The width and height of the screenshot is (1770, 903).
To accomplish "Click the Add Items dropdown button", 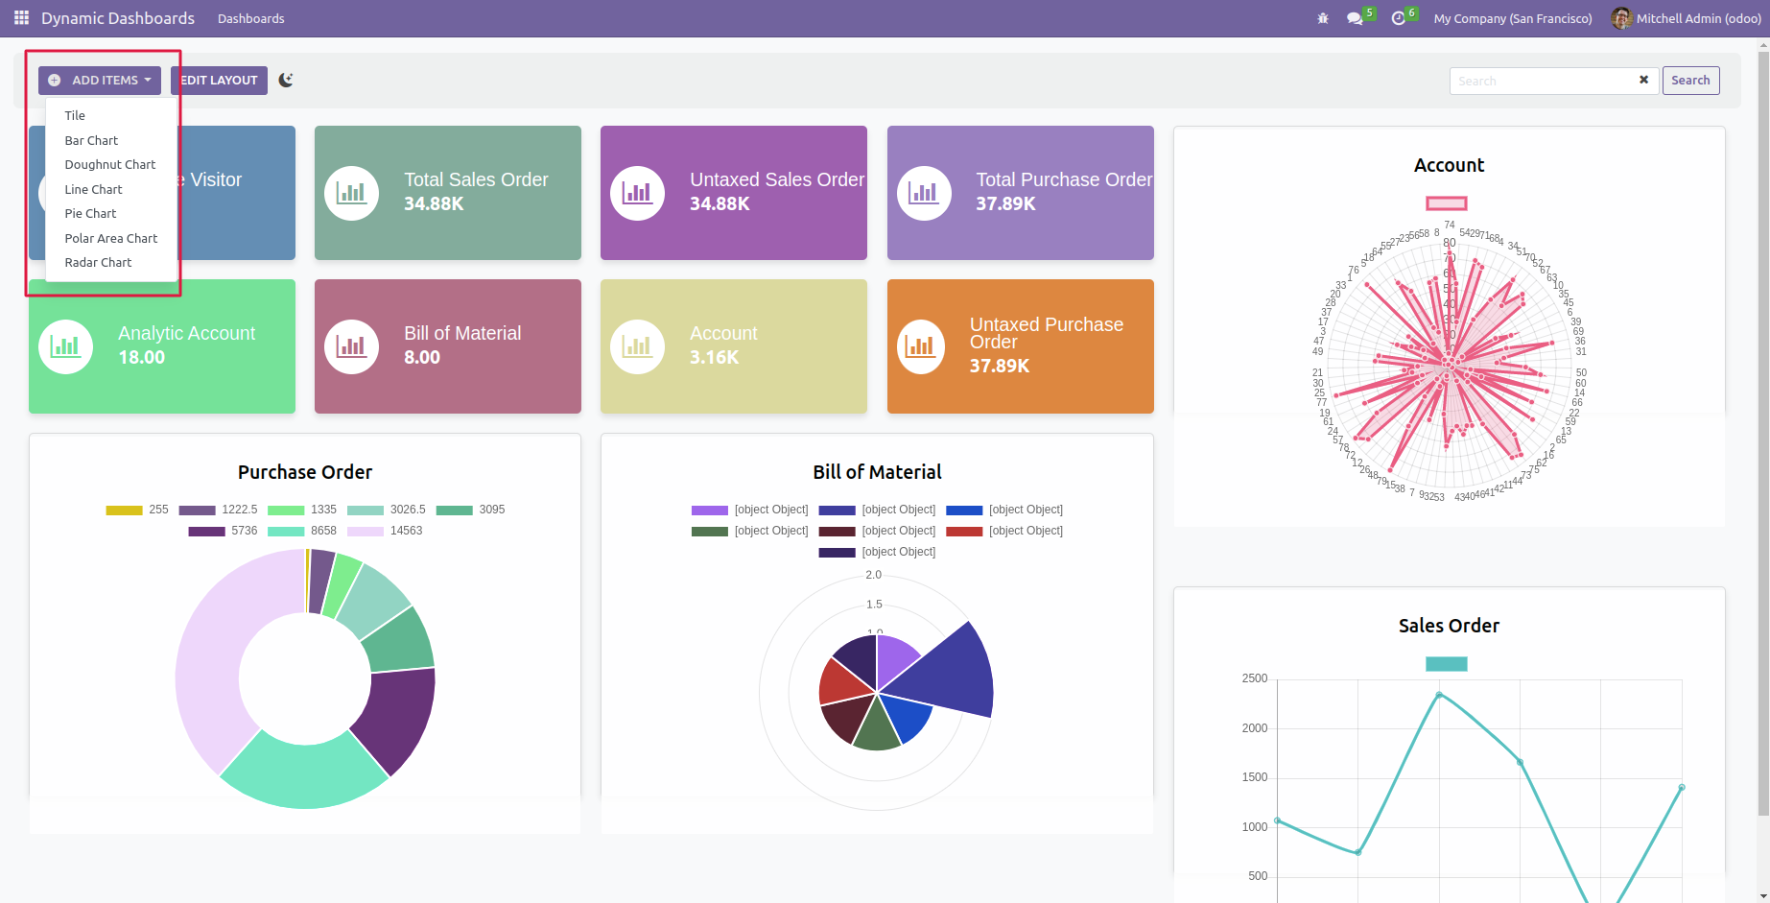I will pyautogui.click(x=100, y=81).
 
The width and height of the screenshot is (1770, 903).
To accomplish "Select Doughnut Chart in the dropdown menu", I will pyautogui.click(x=110, y=165).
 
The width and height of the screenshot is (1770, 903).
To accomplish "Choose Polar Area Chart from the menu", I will pyautogui.click(x=111, y=238).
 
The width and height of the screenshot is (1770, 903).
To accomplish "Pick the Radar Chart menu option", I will pyautogui.click(x=98, y=263).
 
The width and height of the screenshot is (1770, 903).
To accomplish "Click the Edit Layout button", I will pyautogui.click(x=219, y=81).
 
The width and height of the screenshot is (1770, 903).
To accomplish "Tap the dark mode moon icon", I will pyautogui.click(x=286, y=81).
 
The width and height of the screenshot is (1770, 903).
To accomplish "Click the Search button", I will pyautogui.click(x=1689, y=81).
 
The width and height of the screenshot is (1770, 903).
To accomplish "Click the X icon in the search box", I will pyautogui.click(x=1643, y=81).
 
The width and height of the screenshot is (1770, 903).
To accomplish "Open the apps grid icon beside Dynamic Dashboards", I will pyautogui.click(x=21, y=18).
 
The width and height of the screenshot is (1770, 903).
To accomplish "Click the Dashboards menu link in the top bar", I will pyautogui.click(x=251, y=18).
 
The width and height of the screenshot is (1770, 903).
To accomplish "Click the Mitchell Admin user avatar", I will pyautogui.click(x=1621, y=18).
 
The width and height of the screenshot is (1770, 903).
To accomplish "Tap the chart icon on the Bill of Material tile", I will pyautogui.click(x=351, y=346).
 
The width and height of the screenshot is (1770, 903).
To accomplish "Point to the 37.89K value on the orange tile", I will pyautogui.click(x=999, y=366).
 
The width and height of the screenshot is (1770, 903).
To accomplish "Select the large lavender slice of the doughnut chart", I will pyautogui.click(x=206, y=662).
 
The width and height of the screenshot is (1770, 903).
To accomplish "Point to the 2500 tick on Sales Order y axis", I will pyautogui.click(x=1254, y=678).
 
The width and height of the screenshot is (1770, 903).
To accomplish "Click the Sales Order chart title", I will pyautogui.click(x=1449, y=626).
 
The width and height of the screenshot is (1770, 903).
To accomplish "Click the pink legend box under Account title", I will pyautogui.click(x=1446, y=203).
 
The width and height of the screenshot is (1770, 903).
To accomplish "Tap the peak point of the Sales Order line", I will pyautogui.click(x=1439, y=694).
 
